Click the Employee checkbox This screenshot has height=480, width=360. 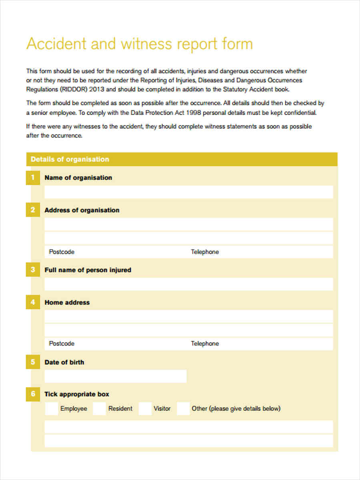point(51,409)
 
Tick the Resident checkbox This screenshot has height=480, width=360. point(99,409)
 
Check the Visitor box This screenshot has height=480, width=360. point(145,409)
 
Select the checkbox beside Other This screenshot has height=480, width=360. point(183,409)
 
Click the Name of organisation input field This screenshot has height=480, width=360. point(188,192)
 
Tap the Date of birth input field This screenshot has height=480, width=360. point(116,376)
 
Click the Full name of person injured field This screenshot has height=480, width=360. point(188,284)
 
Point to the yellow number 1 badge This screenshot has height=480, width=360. point(33,178)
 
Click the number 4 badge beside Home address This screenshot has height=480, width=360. point(33,302)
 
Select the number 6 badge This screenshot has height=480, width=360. point(33,394)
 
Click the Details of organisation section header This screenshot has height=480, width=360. point(70,159)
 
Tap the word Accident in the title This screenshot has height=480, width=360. point(56,44)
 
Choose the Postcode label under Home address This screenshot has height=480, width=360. point(62,344)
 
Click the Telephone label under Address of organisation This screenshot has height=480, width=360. point(205,252)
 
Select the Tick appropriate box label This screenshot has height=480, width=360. point(77,394)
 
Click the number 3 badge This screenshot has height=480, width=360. point(33,270)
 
